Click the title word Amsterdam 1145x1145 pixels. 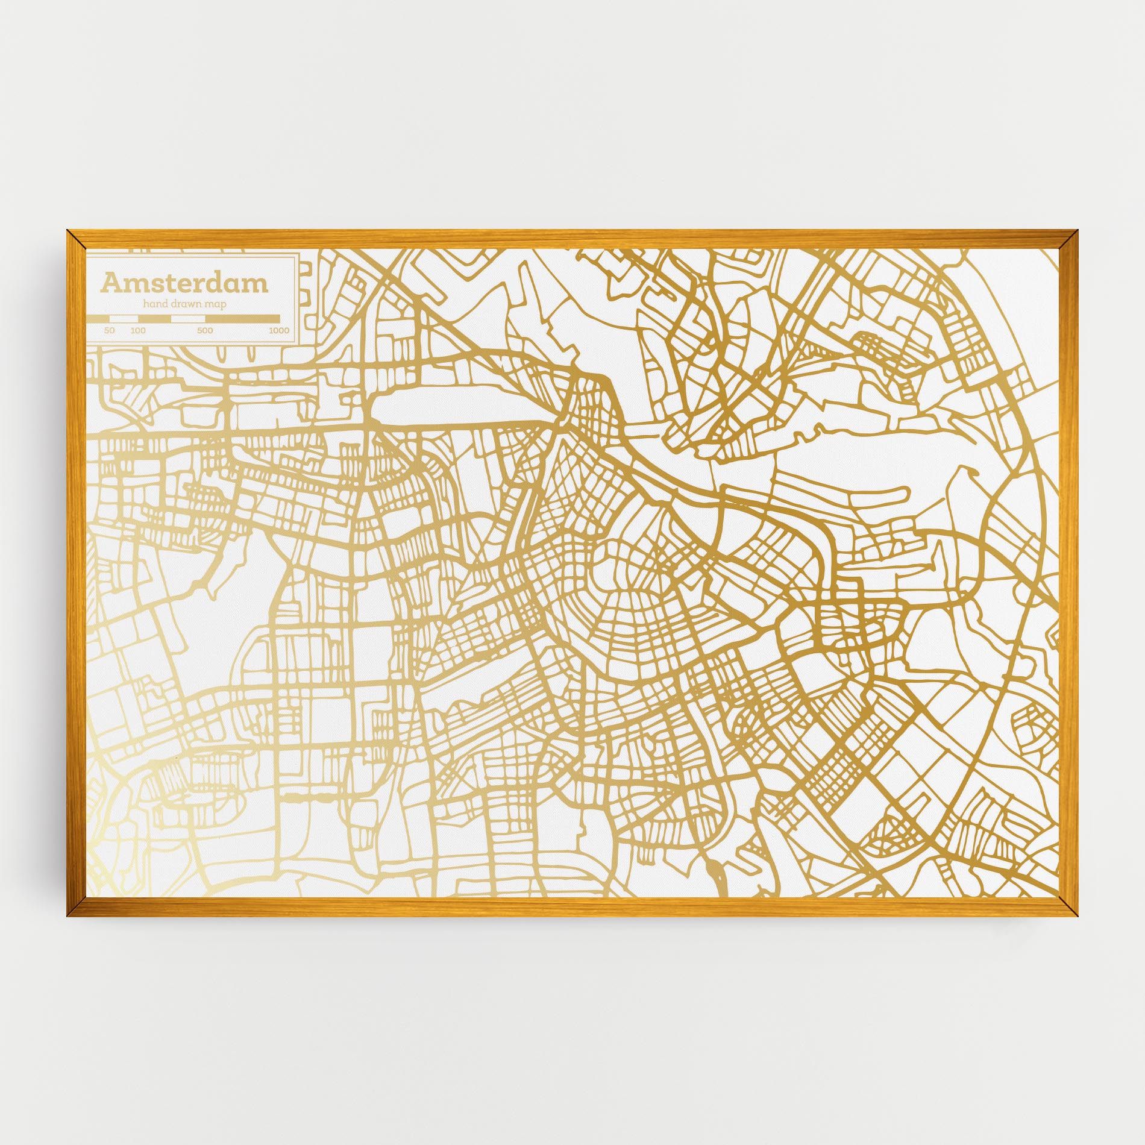point(184,282)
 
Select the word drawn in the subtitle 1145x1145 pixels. point(187,304)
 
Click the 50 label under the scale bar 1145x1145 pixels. point(109,331)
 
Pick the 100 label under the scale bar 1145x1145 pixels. point(138,331)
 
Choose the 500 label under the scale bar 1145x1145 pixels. point(205,331)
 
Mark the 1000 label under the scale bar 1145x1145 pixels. point(279,331)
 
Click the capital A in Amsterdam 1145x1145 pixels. point(111,282)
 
